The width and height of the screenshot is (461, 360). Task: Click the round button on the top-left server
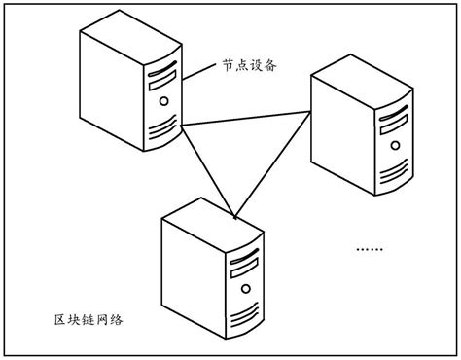(x=163, y=98)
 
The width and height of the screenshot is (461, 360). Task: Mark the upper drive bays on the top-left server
(x=162, y=70)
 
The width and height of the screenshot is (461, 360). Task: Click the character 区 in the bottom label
(x=60, y=320)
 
